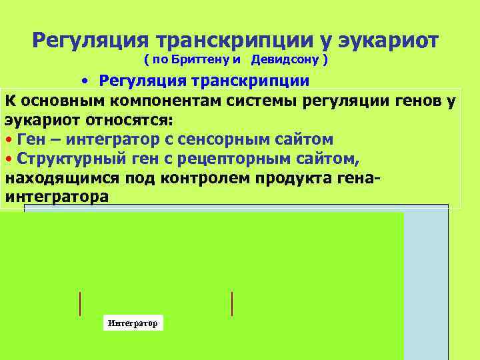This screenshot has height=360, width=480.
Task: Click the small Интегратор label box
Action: click(133, 323)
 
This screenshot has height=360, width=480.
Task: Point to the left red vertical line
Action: click(80, 303)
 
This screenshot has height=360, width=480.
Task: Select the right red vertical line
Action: click(232, 303)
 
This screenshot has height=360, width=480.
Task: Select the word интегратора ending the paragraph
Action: click(56, 197)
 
